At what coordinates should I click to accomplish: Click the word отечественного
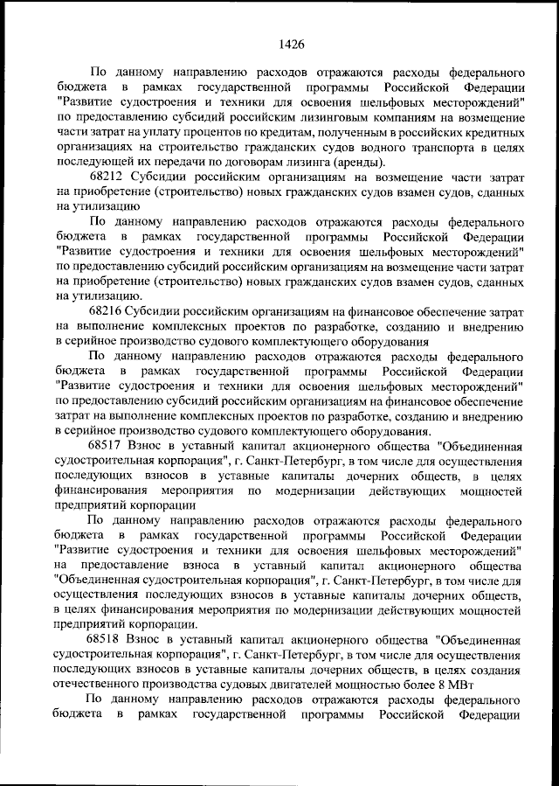99,684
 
